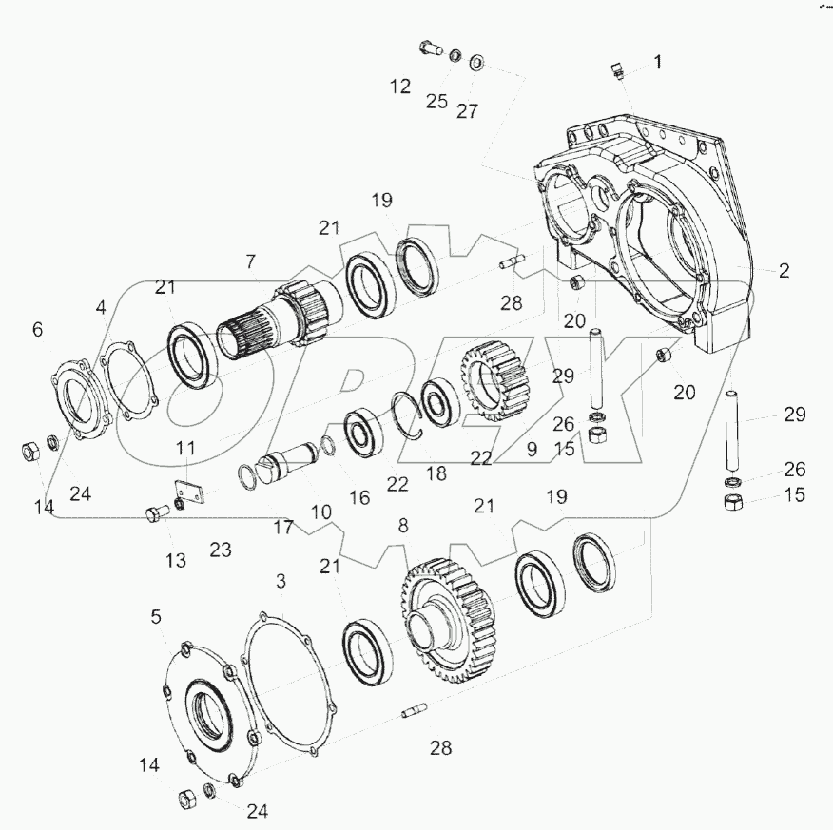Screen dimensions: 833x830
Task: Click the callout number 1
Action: [658, 62]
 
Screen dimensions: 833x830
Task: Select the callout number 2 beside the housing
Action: [785, 271]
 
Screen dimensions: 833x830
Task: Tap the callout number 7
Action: [250, 261]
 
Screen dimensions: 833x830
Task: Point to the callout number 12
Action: [400, 86]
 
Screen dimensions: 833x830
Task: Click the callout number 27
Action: [467, 111]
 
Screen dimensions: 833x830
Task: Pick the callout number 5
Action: [156, 617]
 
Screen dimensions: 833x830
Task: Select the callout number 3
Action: [281, 582]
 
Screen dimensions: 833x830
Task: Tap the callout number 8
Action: [403, 526]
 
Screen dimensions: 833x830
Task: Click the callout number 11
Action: [185, 448]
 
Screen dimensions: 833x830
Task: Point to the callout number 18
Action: [436, 473]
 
